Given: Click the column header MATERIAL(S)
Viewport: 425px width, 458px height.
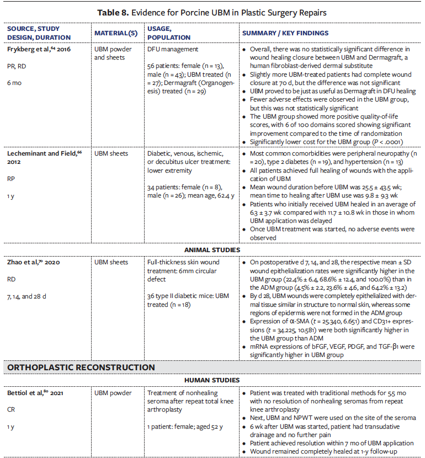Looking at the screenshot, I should pyautogui.click(x=116, y=33).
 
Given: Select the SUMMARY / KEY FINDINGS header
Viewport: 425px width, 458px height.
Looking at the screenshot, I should pyautogui.click(x=285, y=33).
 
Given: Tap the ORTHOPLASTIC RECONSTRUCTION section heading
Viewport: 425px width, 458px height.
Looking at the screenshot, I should pyautogui.click(x=80, y=368).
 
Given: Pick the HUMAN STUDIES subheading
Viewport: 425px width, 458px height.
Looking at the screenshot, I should pyautogui.click(x=212, y=381).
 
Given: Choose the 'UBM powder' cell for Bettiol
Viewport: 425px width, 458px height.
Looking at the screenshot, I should pyautogui.click(x=113, y=393).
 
